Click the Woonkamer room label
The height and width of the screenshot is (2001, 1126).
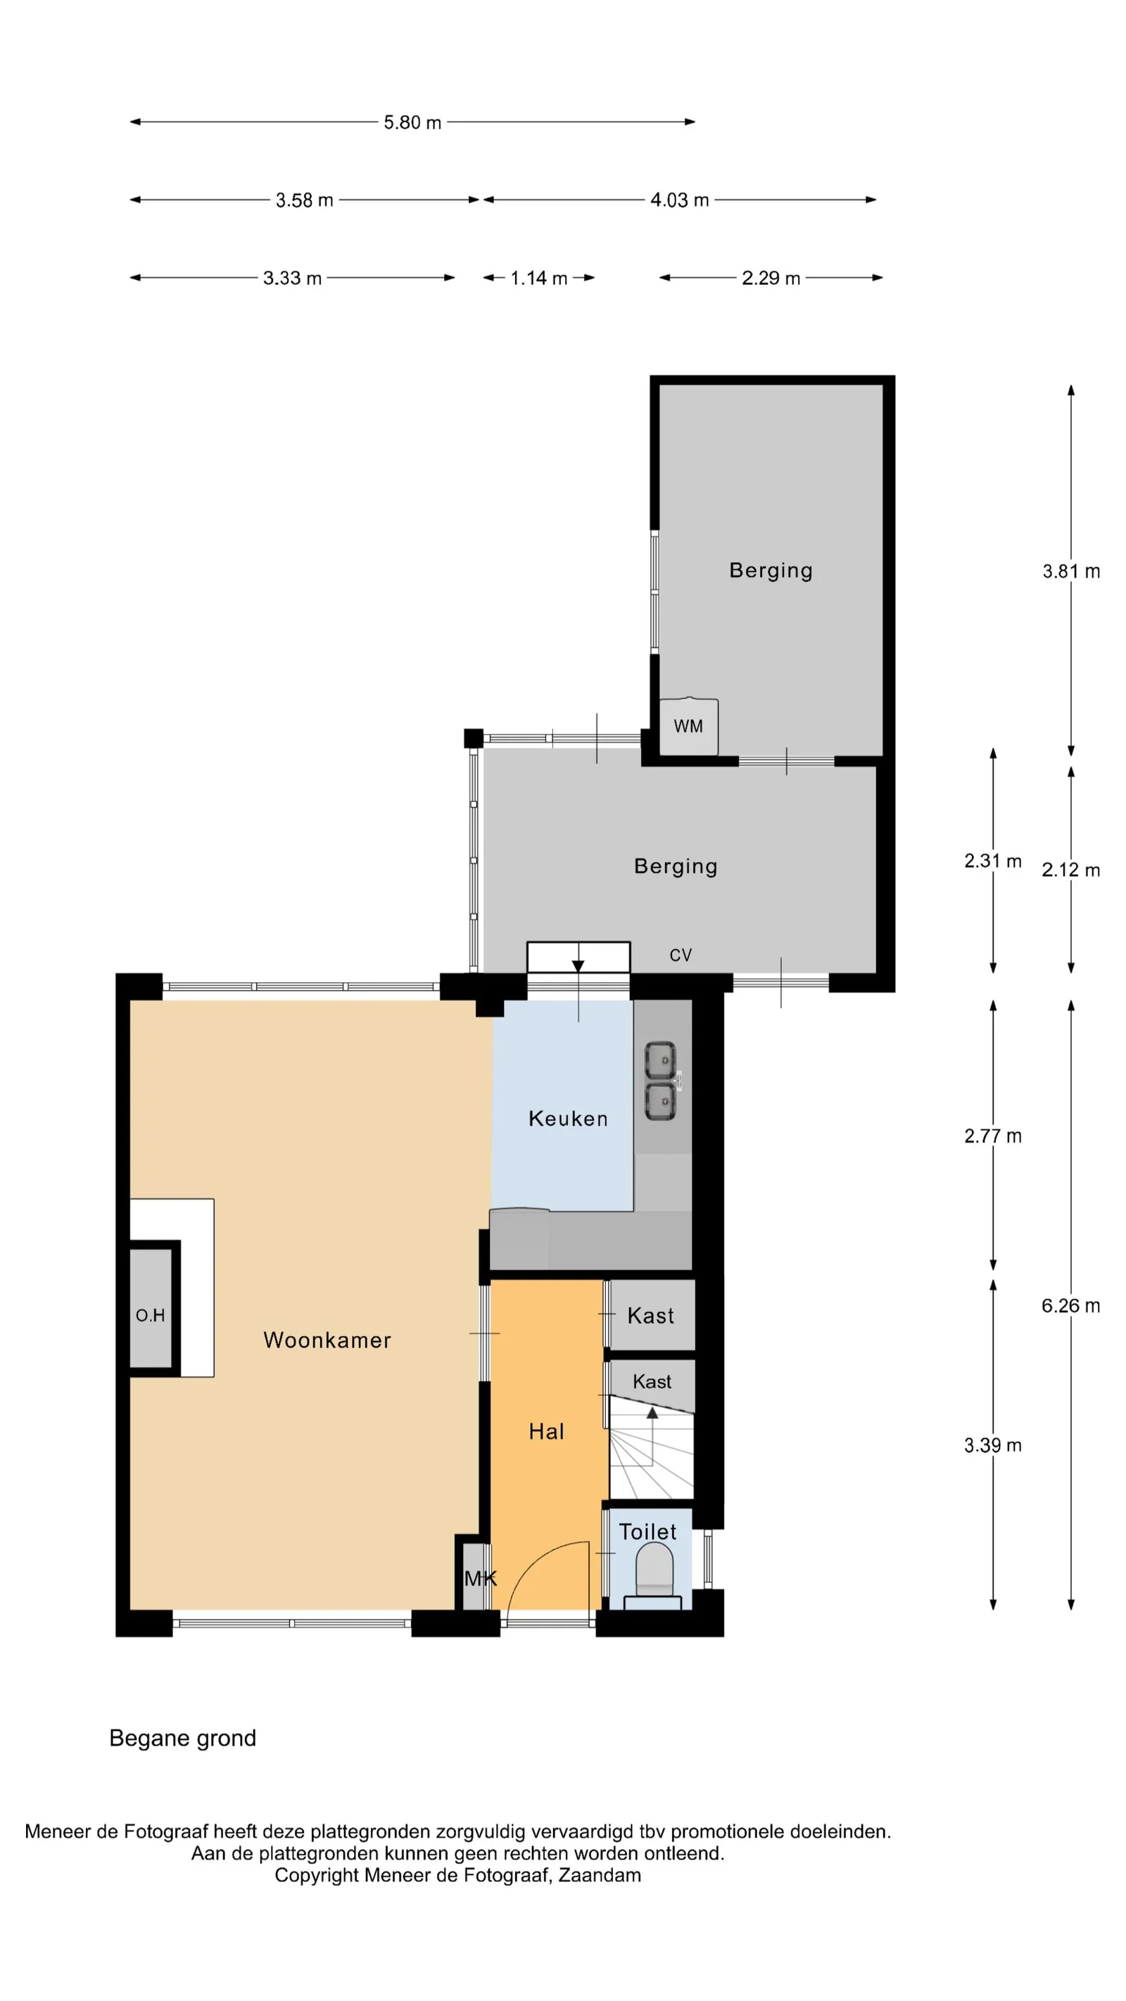coord(327,1340)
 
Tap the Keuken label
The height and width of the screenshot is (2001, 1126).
coord(568,1119)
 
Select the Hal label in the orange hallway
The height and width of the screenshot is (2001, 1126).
coord(546,1432)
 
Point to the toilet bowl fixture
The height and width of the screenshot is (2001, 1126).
coord(654,1566)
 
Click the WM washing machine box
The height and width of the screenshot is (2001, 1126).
coord(688,726)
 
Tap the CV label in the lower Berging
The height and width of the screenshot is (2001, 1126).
coord(681,955)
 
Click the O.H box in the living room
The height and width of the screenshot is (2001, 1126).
coord(151,1315)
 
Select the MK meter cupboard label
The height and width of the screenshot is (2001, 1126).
coord(480,1578)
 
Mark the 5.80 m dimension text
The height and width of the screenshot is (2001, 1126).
coord(412,122)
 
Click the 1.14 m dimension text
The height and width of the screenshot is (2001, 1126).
coord(538,278)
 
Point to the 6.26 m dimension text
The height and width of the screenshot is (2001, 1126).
coord(1071,1306)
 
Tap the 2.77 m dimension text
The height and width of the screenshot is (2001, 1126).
coord(993,1136)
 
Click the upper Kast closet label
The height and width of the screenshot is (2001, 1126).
coord(650,1316)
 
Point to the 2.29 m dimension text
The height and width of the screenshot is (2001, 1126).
coord(771,278)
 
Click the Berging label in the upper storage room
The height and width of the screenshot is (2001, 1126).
coord(771,570)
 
